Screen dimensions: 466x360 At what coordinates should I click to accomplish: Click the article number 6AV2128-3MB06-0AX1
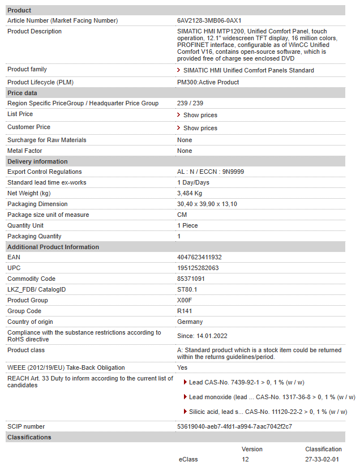click(x=209, y=20)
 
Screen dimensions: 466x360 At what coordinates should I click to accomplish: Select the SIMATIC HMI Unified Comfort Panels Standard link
click(x=248, y=70)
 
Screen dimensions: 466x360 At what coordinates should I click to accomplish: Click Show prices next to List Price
click(x=200, y=115)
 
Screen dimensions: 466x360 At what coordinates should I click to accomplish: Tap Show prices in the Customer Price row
click(x=200, y=128)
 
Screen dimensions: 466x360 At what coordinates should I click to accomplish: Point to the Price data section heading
click(x=22, y=93)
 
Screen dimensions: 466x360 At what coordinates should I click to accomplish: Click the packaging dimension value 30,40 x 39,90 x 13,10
click(x=207, y=204)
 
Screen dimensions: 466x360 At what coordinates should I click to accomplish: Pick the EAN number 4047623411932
click(x=199, y=257)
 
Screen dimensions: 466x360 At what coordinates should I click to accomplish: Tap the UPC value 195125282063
click(x=198, y=268)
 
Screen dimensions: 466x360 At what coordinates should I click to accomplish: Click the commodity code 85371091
click(x=191, y=279)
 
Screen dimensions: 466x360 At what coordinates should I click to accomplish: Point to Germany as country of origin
click(x=190, y=322)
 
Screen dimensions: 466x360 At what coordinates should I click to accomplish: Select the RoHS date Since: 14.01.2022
click(x=202, y=336)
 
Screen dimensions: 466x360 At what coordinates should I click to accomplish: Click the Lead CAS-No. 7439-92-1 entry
click(x=247, y=382)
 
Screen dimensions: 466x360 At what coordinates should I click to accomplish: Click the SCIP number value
click(x=234, y=426)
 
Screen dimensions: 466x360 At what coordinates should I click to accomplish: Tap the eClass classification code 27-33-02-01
click(x=322, y=459)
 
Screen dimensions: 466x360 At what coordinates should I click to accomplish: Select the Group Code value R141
click(x=185, y=311)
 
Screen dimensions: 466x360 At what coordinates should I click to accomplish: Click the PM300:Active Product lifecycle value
click(x=208, y=82)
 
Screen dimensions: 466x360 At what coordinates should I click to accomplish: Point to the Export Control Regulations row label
click(x=44, y=172)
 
